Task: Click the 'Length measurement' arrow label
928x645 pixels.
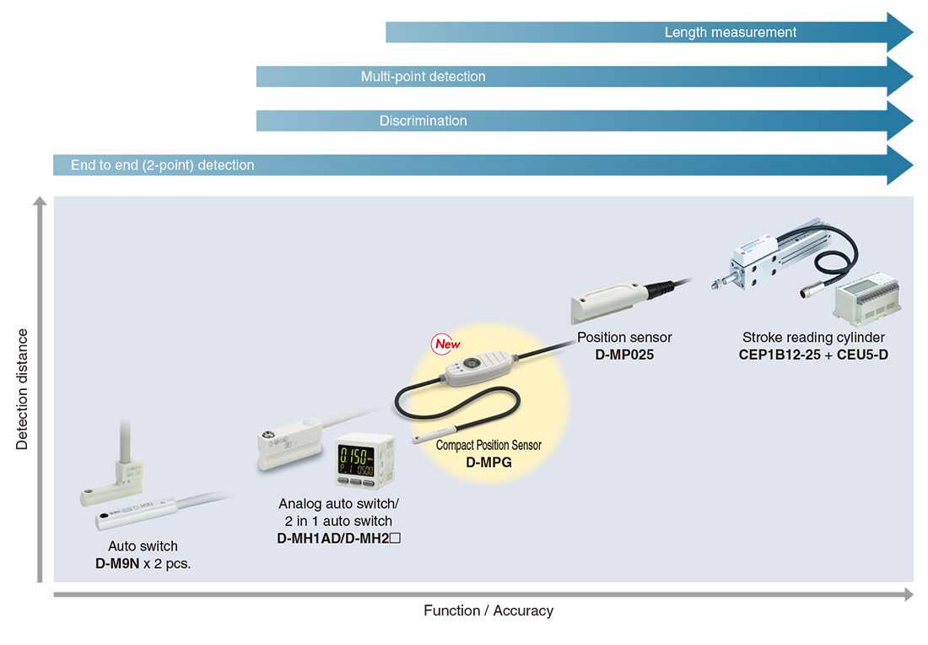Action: pyautogui.click(x=731, y=32)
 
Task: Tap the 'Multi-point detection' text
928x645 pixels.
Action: pyautogui.click(x=424, y=77)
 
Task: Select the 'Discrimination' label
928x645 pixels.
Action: pyautogui.click(x=424, y=121)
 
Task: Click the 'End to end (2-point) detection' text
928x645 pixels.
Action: pyautogui.click(x=162, y=165)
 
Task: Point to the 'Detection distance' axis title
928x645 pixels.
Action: pyautogui.click(x=22, y=389)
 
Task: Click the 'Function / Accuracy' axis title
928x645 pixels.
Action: pyautogui.click(x=488, y=610)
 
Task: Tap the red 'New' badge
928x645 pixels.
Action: pyautogui.click(x=445, y=344)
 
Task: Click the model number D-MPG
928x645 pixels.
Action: pyautogui.click(x=488, y=463)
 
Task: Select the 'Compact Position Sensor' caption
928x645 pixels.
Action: pyautogui.click(x=488, y=446)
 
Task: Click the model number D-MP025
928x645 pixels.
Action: pyautogui.click(x=624, y=355)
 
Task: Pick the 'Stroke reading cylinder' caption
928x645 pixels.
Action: pyautogui.click(x=813, y=338)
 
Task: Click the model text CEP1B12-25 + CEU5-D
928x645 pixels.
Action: pyautogui.click(x=813, y=355)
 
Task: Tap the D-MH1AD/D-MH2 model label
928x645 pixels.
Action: pyautogui.click(x=338, y=539)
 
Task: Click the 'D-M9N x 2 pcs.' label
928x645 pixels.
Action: pyautogui.click(x=143, y=563)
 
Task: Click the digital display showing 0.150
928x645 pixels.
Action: pyautogui.click(x=356, y=461)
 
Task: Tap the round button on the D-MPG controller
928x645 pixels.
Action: pyautogui.click(x=471, y=363)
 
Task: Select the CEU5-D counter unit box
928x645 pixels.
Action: pyautogui.click(x=867, y=299)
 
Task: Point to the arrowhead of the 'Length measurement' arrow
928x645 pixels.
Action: pyautogui.click(x=900, y=32)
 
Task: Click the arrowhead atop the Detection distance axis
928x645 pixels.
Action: pyautogui.click(x=40, y=201)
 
